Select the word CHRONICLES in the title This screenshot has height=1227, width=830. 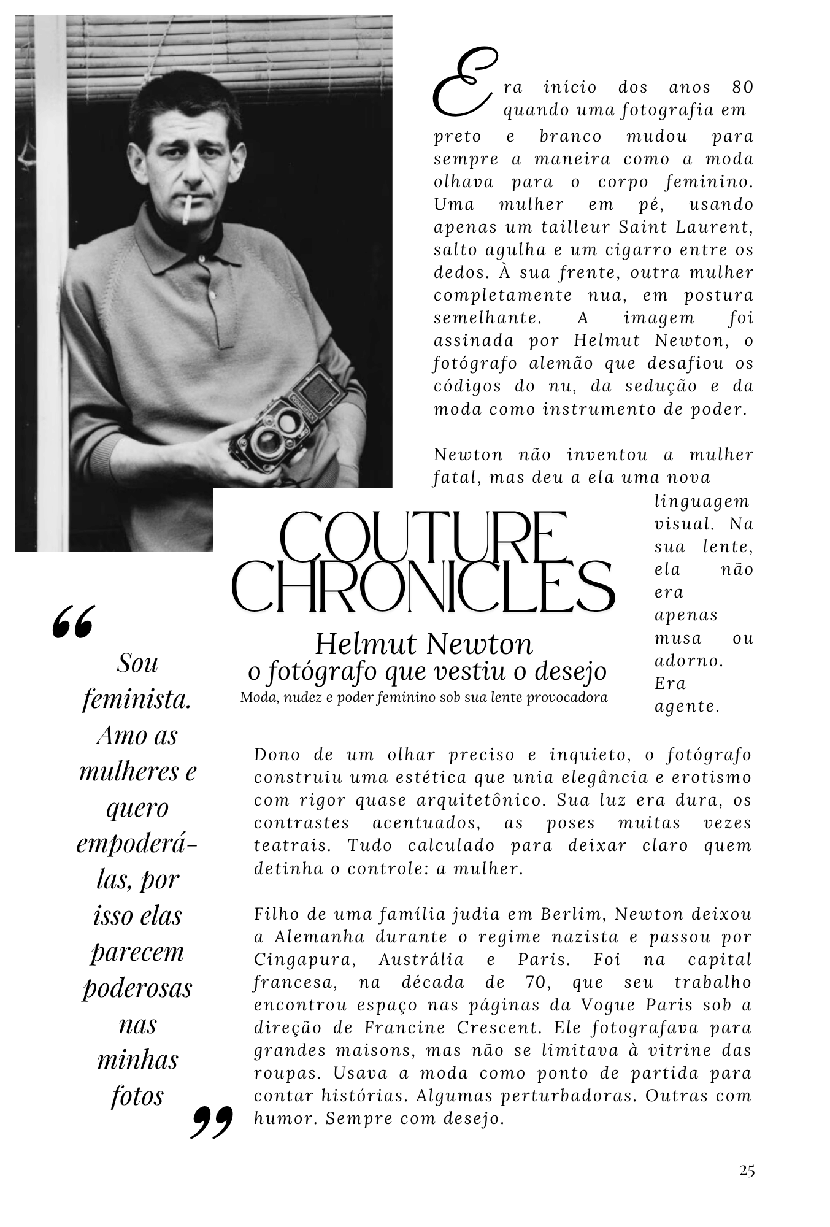423,587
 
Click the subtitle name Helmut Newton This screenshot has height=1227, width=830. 424,644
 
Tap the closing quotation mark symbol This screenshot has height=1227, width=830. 212,1121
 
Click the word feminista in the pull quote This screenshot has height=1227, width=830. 137,699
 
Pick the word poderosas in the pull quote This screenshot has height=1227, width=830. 137,987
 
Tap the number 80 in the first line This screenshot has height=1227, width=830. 742,87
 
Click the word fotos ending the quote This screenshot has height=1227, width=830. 137,1096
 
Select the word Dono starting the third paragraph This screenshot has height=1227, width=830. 275,755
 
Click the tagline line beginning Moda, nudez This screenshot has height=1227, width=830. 424,697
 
